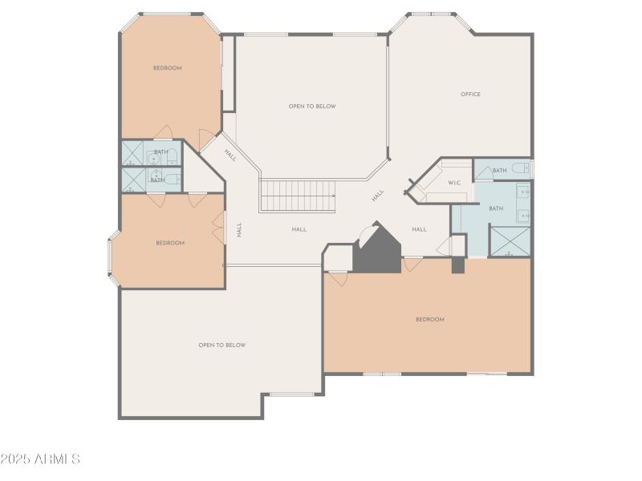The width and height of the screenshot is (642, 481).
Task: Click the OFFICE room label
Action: point(470,95)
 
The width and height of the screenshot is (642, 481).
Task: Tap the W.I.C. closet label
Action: point(454,183)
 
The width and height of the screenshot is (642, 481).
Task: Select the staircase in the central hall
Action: point(298,196)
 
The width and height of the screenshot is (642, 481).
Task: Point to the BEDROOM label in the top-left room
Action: point(167,68)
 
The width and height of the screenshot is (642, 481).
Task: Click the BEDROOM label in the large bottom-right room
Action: point(429,320)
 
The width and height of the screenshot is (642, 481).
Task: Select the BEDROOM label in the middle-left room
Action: point(170,243)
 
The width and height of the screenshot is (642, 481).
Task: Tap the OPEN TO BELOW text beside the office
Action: point(312,107)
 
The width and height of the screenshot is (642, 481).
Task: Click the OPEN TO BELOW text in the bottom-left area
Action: point(221,346)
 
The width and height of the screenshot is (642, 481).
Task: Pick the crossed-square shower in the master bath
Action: point(510,241)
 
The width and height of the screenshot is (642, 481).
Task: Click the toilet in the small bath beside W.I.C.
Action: point(520,168)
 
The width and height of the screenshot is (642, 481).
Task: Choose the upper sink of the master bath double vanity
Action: point(523,192)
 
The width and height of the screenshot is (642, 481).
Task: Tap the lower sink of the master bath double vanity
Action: point(523,215)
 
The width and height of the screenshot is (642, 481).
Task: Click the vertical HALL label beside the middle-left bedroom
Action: point(239,229)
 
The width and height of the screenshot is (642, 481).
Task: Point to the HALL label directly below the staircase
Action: point(299,229)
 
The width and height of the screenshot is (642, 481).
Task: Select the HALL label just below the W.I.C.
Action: point(419,229)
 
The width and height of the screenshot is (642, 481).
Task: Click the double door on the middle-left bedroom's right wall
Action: point(218,229)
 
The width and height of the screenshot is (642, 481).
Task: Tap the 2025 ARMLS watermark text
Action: point(40,459)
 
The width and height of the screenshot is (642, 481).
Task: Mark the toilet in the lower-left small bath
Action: point(173,178)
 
